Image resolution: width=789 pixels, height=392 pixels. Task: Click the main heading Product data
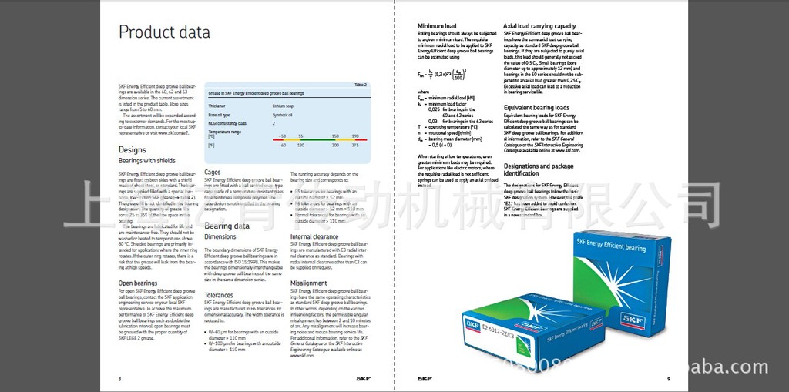click(163, 32)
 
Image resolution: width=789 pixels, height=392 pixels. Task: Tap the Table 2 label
click(361, 84)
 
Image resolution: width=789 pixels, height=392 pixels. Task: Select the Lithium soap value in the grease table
click(282, 106)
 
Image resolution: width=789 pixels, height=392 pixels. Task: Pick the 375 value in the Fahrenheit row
click(355, 145)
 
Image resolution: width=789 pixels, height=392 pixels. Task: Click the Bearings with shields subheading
click(146, 161)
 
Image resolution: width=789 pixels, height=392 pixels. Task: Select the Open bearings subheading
click(138, 283)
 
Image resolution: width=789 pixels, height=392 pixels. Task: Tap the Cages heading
click(212, 173)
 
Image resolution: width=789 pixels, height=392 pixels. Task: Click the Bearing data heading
click(227, 226)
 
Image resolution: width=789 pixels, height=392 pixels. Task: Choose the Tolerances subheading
click(219, 295)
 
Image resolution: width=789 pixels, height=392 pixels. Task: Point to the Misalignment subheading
click(308, 283)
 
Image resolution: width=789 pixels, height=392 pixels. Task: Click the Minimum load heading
click(437, 26)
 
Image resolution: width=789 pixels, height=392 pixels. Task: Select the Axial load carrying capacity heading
click(539, 26)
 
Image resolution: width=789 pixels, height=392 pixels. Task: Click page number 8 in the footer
click(119, 379)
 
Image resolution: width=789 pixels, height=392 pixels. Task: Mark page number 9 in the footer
click(668, 379)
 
